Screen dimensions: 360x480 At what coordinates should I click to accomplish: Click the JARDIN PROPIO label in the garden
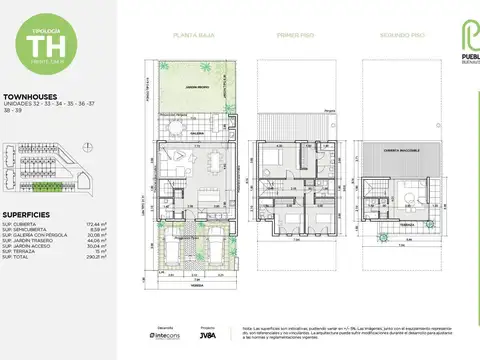point(194,88)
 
